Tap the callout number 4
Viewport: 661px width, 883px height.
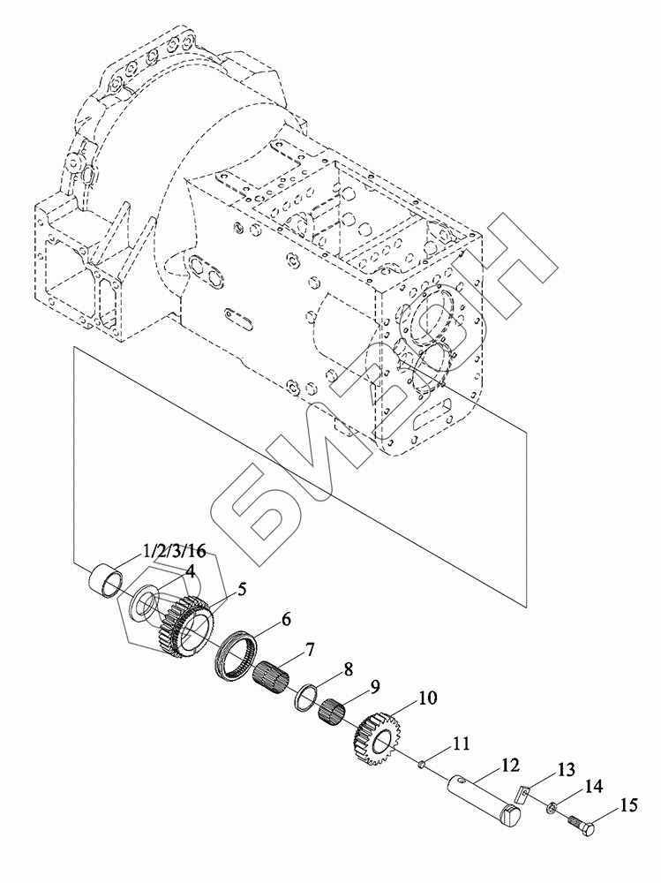click(191, 572)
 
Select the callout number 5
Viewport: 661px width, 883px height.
click(242, 590)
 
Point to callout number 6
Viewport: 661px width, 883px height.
click(286, 620)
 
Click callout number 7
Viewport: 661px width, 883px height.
click(311, 649)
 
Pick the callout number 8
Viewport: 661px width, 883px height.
click(349, 669)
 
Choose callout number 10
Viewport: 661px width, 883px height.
click(427, 698)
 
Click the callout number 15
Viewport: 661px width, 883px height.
click(628, 806)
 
